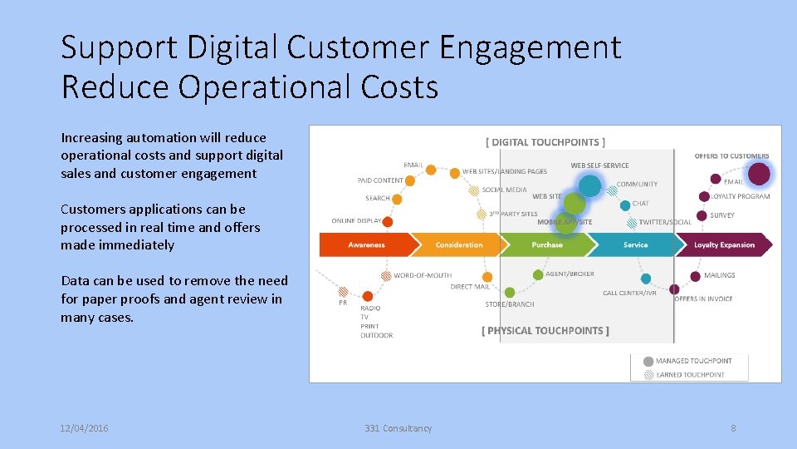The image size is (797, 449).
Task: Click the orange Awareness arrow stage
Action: click(x=366, y=245)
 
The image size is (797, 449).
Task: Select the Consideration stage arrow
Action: click(x=458, y=245)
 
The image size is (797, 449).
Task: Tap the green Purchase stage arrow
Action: click(x=546, y=245)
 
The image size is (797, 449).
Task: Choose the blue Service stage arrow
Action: click(x=635, y=245)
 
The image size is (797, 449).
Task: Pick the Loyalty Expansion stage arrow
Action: click(x=724, y=245)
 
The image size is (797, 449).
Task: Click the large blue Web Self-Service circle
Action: click(x=589, y=185)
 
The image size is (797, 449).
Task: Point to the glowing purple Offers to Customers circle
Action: click(x=759, y=174)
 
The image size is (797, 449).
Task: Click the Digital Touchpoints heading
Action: click(x=545, y=142)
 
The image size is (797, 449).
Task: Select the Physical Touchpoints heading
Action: click(x=545, y=331)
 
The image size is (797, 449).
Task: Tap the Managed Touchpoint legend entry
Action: click(x=693, y=361)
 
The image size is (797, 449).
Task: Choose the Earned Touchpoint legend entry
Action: click(x=690, y=375)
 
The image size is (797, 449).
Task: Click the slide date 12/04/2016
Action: click(x=84, y=428)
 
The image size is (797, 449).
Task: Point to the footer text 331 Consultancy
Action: click(x=398, y=428)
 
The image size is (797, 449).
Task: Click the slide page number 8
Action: click(x=733, y=428)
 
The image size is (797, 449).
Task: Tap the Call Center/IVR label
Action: click(x=629, y=294)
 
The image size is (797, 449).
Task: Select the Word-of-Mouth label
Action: click(x=423, y=275)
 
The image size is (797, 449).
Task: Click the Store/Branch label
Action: click(x=510, y=304)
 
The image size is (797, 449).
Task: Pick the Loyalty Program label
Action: click(x=741, y=197)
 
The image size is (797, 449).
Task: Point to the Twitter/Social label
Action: click(x=664, y=223)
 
